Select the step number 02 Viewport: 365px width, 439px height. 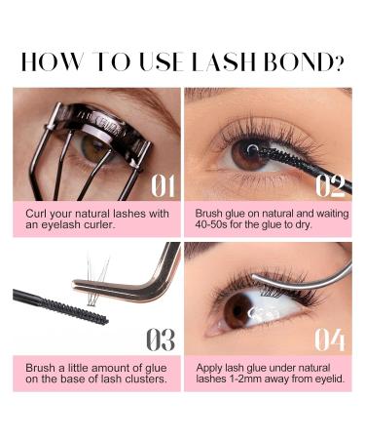coord(330,184)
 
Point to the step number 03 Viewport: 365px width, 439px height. coord(159,339)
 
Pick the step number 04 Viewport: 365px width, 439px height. coord(330,339)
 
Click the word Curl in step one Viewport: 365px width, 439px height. coord(38,211)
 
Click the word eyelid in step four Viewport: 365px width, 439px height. coord(326,378)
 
